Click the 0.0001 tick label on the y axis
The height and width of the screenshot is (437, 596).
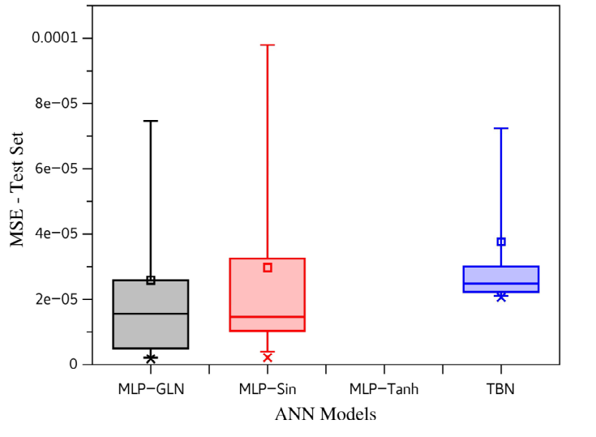pos(55,37)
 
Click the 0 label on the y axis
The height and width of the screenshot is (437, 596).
pos(73,364)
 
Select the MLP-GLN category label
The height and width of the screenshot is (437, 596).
pos(151,389)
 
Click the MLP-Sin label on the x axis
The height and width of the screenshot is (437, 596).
pos(268,389)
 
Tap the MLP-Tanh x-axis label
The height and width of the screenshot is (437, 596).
pos(384,389)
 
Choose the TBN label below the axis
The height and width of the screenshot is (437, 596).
pos(500,389)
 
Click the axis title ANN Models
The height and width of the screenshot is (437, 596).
pos(325,414)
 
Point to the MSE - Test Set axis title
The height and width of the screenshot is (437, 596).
pos(17,189)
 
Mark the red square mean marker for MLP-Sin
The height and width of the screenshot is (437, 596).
pos(268,268)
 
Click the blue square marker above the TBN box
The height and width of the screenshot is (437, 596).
pos(501,242)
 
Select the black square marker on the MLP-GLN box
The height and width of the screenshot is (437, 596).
pos(151,281)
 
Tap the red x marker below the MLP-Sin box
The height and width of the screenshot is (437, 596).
pos(268,358)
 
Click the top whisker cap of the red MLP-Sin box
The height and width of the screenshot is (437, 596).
pos(268,45)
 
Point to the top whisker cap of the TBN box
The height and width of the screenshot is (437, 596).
pos(501,128)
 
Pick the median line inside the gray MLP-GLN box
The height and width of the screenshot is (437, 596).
pos(151,314)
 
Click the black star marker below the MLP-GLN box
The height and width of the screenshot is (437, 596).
pos(151,358)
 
